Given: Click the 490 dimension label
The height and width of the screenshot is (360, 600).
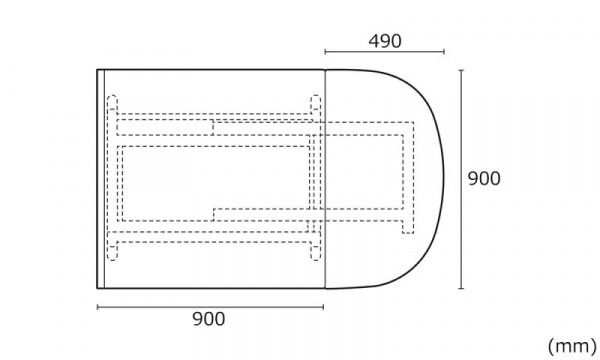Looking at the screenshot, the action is point(385,41).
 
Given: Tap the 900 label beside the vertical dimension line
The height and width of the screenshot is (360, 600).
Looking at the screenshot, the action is point(484,179).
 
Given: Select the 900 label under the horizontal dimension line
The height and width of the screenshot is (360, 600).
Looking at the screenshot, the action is point(209,319).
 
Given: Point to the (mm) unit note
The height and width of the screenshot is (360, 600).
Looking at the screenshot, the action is point(572,346).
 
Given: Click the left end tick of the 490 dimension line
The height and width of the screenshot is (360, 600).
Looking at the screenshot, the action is point(325,52).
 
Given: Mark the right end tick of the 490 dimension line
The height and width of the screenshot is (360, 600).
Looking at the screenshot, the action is point(444,52).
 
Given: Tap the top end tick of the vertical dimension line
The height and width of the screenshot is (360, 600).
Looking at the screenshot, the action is point(461,70).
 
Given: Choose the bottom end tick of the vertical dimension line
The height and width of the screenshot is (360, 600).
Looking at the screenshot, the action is point(461,288).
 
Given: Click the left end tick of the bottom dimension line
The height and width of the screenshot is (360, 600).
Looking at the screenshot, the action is point(98,307).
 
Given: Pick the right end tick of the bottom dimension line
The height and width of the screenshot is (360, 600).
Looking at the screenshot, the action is point(323,307).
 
